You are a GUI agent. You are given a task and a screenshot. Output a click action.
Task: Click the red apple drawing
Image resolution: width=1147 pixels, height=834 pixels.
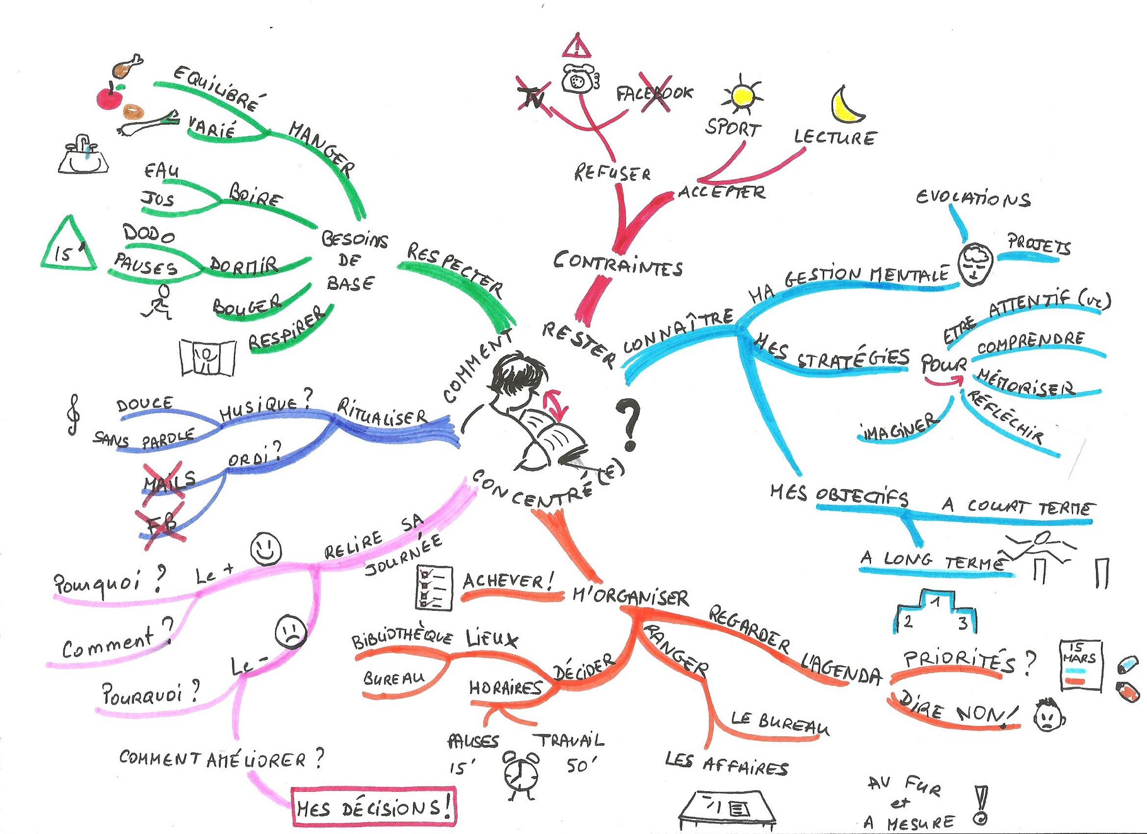[109, 98]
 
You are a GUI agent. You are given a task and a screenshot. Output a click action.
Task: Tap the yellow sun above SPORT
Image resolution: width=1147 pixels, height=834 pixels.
[743, 96]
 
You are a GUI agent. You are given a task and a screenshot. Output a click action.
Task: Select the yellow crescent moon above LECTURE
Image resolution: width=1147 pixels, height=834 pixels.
[846, 105]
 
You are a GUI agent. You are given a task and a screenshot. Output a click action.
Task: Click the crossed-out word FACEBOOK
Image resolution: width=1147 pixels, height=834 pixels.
[655, 94]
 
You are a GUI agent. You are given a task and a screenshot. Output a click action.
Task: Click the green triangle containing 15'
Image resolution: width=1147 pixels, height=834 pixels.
[68, 247]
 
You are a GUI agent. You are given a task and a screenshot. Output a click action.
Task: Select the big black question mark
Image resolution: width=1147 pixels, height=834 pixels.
[629, 424]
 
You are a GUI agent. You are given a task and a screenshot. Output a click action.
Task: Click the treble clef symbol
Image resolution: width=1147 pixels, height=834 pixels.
[74, 414]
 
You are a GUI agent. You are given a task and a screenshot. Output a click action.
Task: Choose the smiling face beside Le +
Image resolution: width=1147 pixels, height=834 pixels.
[265, 548]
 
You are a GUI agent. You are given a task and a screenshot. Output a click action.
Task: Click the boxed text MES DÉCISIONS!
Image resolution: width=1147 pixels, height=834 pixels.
[373, 807]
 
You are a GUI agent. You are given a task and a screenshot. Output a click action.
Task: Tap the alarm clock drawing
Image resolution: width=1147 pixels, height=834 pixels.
[521, 774]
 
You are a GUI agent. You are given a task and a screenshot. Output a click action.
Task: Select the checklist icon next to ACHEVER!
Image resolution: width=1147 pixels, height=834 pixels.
[434, 588]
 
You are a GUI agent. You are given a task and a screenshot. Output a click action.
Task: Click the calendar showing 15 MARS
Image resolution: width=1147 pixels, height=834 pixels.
[1080, 666]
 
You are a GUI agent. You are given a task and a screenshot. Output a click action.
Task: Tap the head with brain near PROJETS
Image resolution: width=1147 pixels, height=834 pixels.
[975, 264]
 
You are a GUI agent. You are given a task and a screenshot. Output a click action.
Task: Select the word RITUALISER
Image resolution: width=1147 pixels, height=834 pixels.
[382, 412]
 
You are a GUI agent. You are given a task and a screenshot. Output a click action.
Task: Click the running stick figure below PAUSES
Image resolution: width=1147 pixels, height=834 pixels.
[159, 303]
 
